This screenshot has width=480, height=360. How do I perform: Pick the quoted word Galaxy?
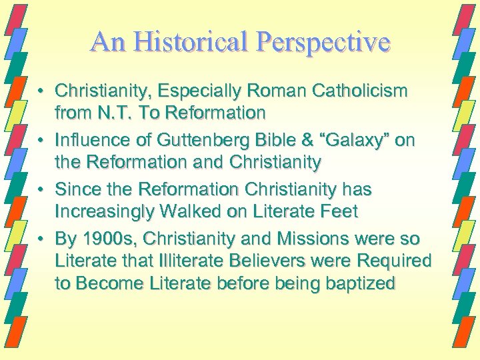pos(352,140)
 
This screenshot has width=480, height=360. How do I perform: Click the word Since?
pos(79,189)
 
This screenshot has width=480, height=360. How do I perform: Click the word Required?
pos(396,261)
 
